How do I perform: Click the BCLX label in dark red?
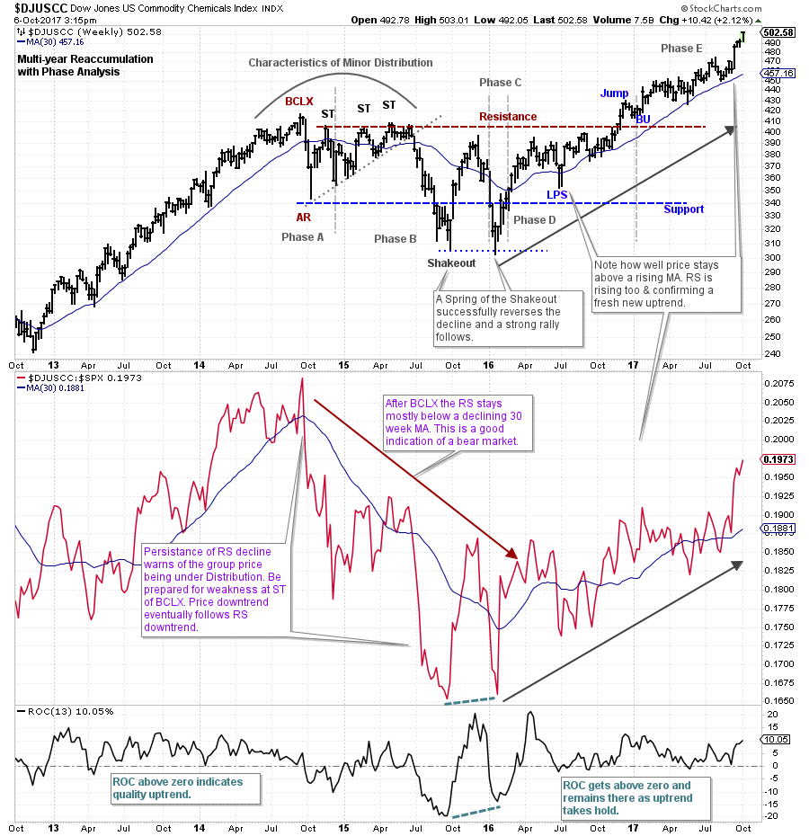click(298, 102)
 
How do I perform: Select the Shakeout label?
click(450, 262)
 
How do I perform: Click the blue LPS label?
click(557, 194)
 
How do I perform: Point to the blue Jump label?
click(615, 93)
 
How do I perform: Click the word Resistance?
click(508, 117)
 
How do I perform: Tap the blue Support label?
click(683, 209)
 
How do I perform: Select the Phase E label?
click(681, 48)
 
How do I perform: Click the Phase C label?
click(500, 83)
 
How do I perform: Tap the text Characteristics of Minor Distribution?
click(341, 63)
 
